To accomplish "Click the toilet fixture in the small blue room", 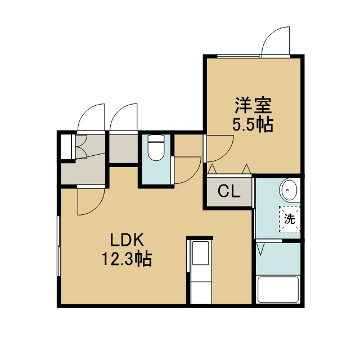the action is (x=156, y=147).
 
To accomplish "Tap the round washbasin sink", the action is (x=288, y=190).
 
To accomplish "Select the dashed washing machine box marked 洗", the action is (x=290, y=219).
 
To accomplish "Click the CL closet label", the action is (x=229, y=191).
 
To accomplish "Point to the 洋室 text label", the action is (x=253, y=106).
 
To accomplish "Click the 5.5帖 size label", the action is (x=253, y=124).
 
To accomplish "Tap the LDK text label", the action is (x=127, y=240).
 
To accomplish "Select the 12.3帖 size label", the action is (x=127, y=259).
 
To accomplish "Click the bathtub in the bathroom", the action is (x=278, y=290).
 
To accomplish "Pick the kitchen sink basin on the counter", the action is (x=201, y=253).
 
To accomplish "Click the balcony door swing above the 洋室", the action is (x=276, y=41).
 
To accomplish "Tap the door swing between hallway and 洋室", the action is (x=220, y=148).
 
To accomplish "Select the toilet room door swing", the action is (x=187, y=170).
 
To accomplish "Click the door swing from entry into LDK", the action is (x=91, y=201).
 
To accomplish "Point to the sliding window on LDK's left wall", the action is (x=58, y=246).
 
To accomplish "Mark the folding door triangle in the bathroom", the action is (x=261, y=249).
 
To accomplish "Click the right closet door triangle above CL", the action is (x=246, y=169).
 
